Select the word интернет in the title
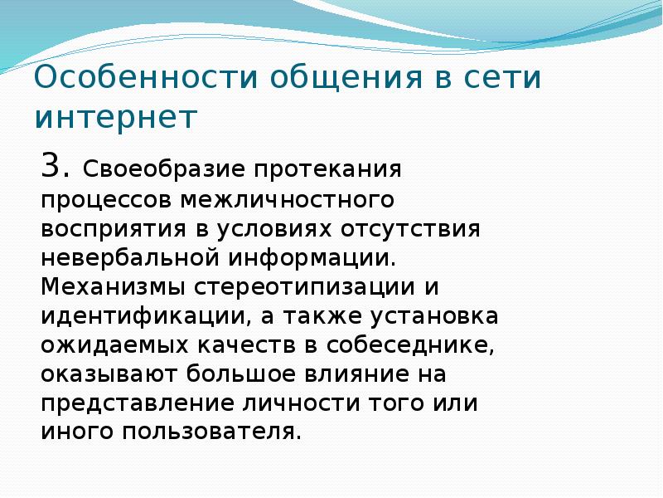point(115,118)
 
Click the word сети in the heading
point(502,78)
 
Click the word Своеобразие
point(163,169)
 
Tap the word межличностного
point(287,200)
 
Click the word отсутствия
point(410,229)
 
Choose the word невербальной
point(130,257)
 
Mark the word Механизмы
point(113,287)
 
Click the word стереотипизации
point(304,287)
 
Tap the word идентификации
point(143,317)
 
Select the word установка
point(434,317)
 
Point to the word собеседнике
point(409,345)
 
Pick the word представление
point(138,404)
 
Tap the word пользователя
point(211,432)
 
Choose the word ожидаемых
point(114,347)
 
